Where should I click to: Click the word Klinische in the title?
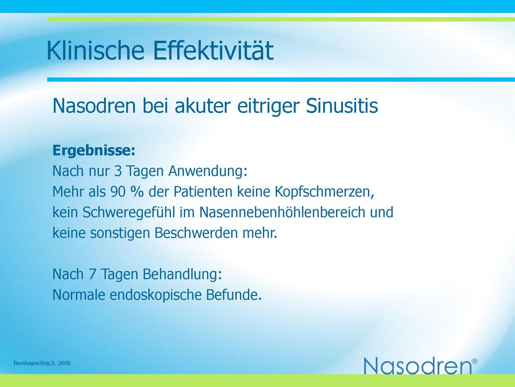96,50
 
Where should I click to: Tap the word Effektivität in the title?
213,50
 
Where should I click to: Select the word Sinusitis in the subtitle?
342,106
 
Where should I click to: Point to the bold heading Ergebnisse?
94,151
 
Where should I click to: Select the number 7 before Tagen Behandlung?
93,274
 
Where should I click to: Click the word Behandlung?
182,274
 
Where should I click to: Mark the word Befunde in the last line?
231,294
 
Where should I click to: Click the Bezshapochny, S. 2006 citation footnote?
42,363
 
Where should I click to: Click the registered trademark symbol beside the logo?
474,361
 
